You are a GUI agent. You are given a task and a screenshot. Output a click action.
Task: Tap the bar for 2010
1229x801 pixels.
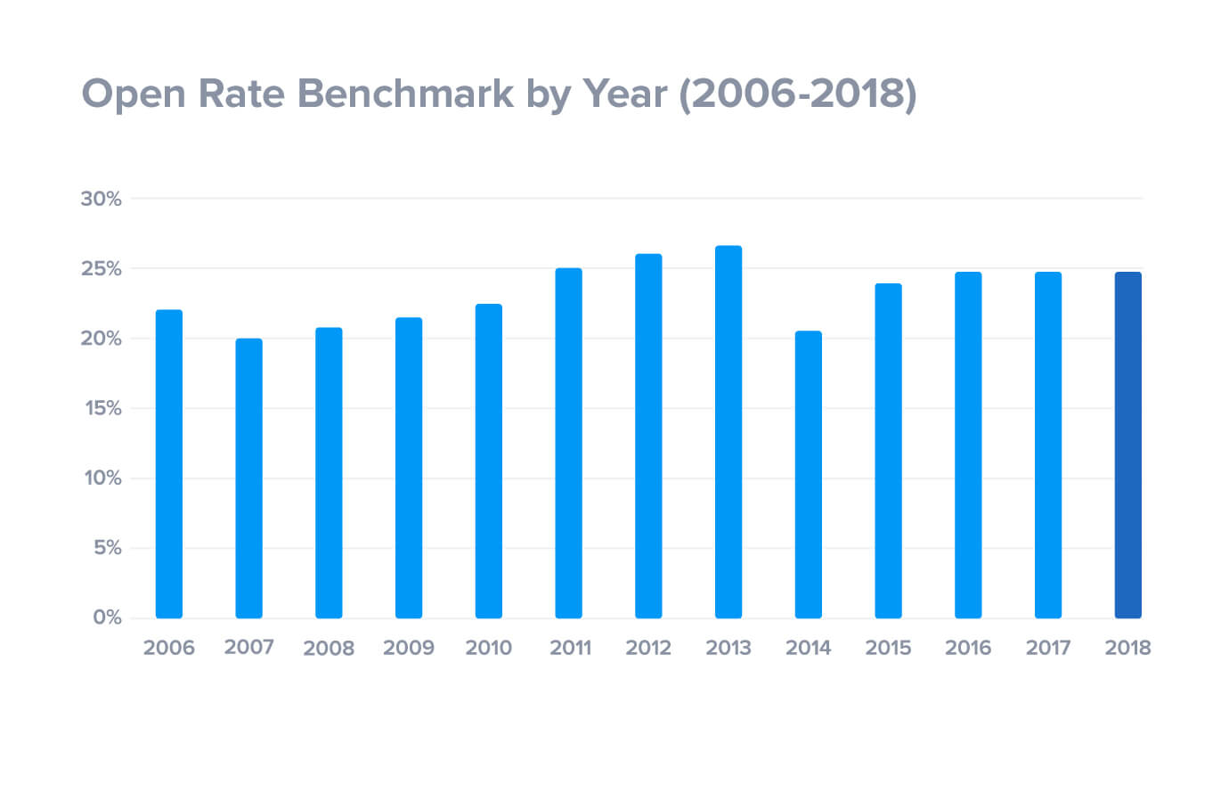tap(488, 461)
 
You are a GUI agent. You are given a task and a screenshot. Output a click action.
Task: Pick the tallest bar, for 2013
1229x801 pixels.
tap(728, 431)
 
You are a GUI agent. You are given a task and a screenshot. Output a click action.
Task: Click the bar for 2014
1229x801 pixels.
tap(808, 474)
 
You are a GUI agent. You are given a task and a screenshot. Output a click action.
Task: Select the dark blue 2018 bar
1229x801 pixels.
tap(1127, 445)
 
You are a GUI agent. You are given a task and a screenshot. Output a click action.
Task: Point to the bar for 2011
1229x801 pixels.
tap(568, 443)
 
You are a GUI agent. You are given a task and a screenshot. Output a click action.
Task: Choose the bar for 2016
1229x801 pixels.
tap(968, 445)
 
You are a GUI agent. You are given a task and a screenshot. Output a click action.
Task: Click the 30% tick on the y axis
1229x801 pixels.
tap(101, 199)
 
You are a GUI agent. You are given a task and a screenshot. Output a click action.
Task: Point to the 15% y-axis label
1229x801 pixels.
tap(102, 408)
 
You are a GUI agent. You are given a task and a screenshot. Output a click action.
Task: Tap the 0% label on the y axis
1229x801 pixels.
tap(107, 617)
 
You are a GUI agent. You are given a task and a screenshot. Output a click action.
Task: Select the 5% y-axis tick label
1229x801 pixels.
tap(107, 548)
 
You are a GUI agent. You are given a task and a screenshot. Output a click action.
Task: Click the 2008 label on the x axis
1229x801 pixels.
tap(329, 648)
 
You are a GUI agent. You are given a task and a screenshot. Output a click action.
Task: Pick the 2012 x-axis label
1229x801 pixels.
tap(647, 648)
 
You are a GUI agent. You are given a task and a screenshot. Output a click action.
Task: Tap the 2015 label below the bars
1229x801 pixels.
tap(888, 648)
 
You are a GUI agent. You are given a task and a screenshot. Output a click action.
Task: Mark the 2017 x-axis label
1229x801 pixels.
tap(1047, 648)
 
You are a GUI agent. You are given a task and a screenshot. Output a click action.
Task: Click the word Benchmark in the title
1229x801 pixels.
tap(405, 94)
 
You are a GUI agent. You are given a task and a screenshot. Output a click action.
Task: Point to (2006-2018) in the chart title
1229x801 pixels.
tap(797, 94)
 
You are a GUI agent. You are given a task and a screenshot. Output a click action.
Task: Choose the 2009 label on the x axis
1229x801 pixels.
tap(408, 648)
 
